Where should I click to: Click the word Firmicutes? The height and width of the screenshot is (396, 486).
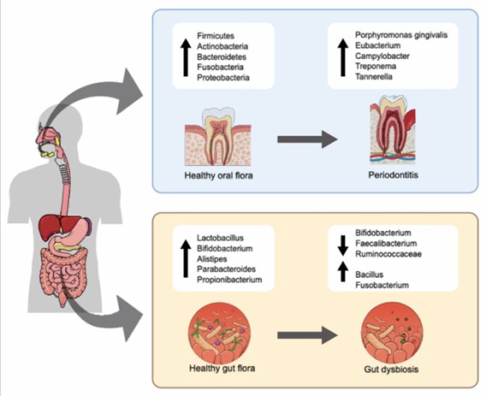[216, 36]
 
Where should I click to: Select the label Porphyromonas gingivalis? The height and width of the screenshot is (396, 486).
[401, 35]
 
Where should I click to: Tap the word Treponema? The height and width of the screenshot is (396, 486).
[376, 67]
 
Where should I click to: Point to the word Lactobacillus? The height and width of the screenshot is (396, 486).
[221, 238]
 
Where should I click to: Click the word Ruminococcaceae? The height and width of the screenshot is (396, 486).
[388, 254]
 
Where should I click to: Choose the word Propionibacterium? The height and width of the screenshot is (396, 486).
[229, 280]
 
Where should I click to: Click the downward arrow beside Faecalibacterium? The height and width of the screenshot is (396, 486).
[343, 245]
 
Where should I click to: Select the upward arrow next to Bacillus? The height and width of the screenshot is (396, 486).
[343, 271]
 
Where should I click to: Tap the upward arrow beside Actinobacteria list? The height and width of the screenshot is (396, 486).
[186, 57]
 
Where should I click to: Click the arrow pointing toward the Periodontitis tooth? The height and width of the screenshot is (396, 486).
[307, 139]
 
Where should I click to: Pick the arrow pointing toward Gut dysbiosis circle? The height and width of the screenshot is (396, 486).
[307, 335]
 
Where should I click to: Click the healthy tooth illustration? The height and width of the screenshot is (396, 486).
[218, 136]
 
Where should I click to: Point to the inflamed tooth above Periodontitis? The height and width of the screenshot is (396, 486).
[393, 129]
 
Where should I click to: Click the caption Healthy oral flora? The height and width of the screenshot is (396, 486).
[218, 175]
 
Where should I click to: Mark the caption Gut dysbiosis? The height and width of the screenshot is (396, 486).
[391, 369]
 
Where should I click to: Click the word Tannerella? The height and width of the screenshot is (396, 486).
[374, 77]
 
